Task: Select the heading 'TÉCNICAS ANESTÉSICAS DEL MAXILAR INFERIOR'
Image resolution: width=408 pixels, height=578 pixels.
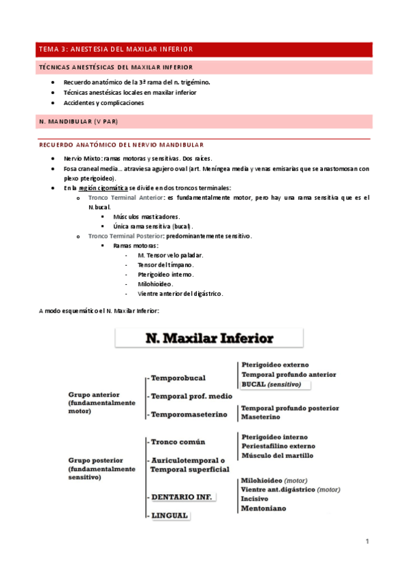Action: click(x=116, y=67)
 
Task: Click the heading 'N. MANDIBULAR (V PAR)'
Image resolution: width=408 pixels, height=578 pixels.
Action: click(x=84, y=121)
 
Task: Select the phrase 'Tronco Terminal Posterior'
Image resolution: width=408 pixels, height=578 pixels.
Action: click(x=126, y=236)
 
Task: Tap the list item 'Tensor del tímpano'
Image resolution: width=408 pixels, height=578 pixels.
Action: click(x=166, y=264)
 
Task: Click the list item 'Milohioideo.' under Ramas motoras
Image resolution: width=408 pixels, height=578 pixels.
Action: click(x=155, y=284)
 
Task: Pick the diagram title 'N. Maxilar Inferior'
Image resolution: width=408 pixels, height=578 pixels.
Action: click(x=208, y=338)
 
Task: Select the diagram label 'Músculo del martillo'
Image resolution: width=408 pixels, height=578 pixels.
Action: click(x=278, y=455)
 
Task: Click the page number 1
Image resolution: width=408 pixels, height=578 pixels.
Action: click(x=366, y=541)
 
